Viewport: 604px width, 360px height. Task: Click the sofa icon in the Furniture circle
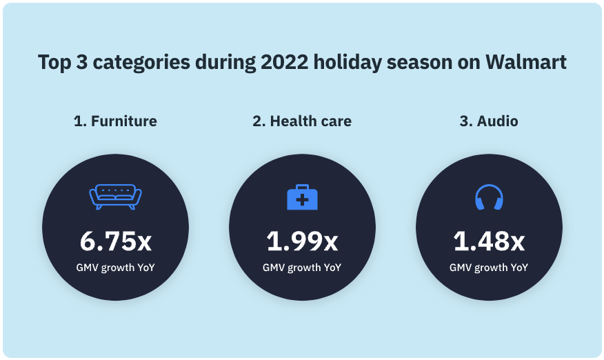pos(115,197)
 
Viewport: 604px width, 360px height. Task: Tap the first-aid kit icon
pos(302,197)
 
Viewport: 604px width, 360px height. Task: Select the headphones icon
pos(489,197)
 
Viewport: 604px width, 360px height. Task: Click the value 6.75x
pos(115,241)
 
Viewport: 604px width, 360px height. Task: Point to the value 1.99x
pos(302,241)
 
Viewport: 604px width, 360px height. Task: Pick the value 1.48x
pos(489,241)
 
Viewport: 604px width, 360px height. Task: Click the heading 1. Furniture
pos(115,121)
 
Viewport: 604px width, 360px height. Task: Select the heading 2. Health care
pos(302,121)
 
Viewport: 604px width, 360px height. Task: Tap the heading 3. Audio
pos(489,121)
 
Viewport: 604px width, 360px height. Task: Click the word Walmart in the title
pos(526,62)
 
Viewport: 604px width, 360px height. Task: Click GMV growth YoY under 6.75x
pos(115,268)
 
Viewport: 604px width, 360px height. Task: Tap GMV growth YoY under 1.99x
pos(302,268)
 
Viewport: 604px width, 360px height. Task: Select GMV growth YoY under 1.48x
pos(489,268)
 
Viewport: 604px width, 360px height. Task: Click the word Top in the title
pos(54,62)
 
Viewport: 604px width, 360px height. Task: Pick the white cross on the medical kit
pos(302,200)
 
